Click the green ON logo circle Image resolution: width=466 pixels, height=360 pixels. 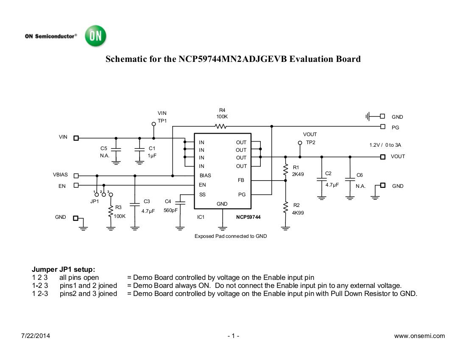(95, 36)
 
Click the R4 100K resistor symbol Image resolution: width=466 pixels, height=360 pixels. (220, 126)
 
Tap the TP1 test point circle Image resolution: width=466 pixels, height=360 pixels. (153, 124)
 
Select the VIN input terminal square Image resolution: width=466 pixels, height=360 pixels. (76, 138)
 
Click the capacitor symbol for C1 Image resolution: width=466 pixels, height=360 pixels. (140, 149)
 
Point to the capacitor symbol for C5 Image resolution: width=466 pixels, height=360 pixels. (116, 149)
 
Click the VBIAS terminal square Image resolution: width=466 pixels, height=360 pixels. (76, 175)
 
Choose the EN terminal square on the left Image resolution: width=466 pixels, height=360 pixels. (76, 185)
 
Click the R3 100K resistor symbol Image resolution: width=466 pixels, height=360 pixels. (111, 210)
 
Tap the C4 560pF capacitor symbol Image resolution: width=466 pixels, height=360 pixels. (180, 203)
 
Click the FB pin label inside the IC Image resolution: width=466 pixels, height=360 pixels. (241, 180)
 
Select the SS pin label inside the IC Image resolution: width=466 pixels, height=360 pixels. (202, 195)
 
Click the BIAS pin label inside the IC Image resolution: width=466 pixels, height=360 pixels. (205, 175)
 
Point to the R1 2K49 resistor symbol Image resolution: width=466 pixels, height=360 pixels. (285, 170)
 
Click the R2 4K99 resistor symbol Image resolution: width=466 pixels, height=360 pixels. (285, 208)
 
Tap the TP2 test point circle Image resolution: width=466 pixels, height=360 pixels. (300, 143)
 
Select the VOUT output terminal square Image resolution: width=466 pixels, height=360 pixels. (382, 156)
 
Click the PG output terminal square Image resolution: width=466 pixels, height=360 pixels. (383, 126)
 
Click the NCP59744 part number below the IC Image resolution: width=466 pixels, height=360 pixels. (248, 217)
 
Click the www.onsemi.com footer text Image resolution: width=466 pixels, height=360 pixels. (419, 336)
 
